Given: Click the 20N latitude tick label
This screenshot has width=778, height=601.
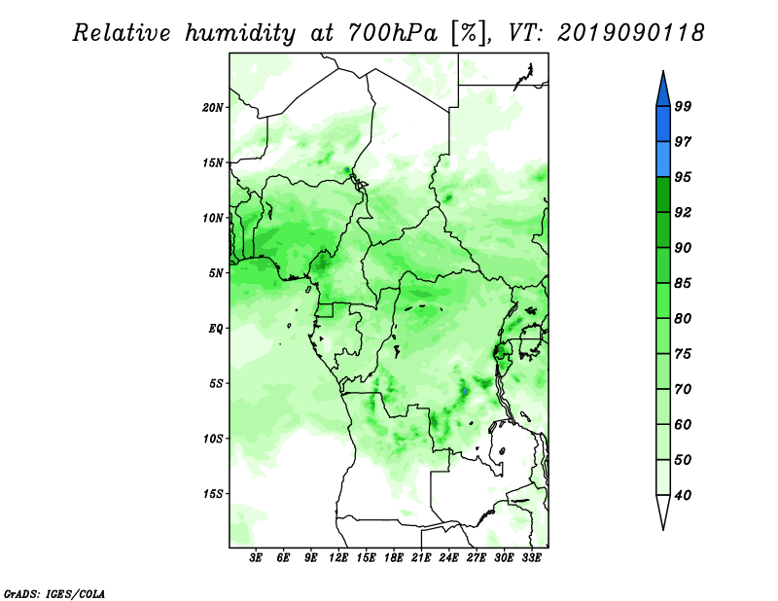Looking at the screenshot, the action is point(213,108).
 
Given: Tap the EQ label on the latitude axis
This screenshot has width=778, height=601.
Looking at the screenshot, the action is point(216,329).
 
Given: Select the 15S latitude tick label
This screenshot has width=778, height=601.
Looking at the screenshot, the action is point(213,494).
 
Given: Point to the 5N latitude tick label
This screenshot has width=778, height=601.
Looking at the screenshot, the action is point(216,273).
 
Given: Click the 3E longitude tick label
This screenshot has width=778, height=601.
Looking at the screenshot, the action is point(256,557).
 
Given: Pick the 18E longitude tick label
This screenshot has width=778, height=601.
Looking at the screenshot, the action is point(394,557).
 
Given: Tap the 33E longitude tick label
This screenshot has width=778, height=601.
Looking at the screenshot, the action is point(531,557).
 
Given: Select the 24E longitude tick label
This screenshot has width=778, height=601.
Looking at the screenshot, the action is point(448,557).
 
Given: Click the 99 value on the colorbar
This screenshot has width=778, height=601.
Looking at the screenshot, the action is point(683,106).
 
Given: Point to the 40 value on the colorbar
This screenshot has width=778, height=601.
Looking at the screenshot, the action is point(683,495).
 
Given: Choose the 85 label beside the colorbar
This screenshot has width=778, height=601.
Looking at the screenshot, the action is point(683,283).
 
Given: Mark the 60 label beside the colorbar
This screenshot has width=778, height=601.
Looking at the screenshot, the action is point(683,424).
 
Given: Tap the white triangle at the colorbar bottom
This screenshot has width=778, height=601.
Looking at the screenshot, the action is point(663,511).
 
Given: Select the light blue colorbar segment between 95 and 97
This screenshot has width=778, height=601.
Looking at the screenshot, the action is point(663,159).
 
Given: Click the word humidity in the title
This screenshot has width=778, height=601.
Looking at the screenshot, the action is point(240,34).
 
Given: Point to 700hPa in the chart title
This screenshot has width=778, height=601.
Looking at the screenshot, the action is point(393,33).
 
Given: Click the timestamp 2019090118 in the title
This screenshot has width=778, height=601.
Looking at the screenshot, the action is point(630,33).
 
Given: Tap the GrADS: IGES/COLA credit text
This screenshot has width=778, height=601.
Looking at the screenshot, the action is point(54,593).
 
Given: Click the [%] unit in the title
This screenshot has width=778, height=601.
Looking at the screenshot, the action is point(469,33).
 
